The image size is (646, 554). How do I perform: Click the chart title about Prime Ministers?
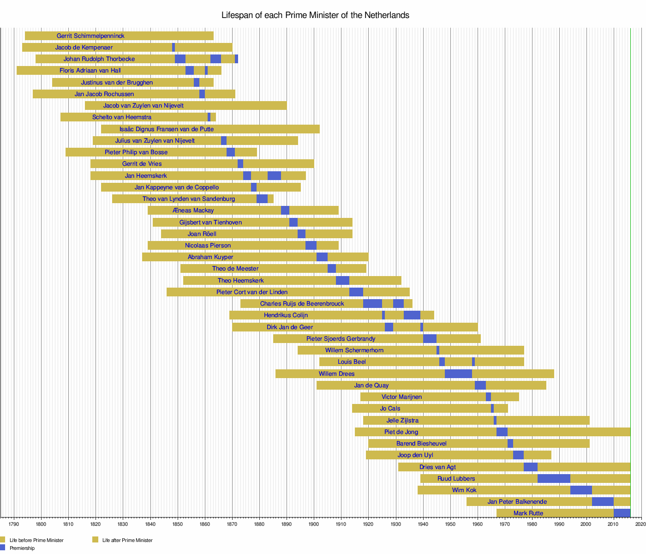315,15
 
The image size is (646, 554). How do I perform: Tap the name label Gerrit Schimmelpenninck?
90,36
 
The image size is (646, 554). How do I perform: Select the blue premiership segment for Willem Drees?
458,373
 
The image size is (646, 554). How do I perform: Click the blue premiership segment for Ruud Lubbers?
554,478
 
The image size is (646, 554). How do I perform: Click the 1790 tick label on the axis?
14,524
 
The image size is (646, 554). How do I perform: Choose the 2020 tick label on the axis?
640,524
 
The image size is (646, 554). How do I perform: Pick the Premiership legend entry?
22,548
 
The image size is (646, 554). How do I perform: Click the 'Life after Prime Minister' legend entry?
127,540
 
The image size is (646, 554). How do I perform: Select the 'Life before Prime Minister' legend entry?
36,540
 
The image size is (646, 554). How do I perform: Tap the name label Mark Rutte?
528,513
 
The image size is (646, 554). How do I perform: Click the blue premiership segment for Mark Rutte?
622,513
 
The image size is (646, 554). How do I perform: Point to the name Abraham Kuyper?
210,257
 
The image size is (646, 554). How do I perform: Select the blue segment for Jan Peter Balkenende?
603,501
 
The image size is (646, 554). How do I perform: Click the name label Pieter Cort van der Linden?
252,292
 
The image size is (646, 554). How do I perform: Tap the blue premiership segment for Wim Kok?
581,490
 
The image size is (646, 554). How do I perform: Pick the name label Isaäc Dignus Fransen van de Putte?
167,129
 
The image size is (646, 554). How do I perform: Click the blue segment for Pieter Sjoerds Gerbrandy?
430,338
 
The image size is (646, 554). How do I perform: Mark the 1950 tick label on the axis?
450,524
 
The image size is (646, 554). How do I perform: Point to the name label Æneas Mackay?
193,210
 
